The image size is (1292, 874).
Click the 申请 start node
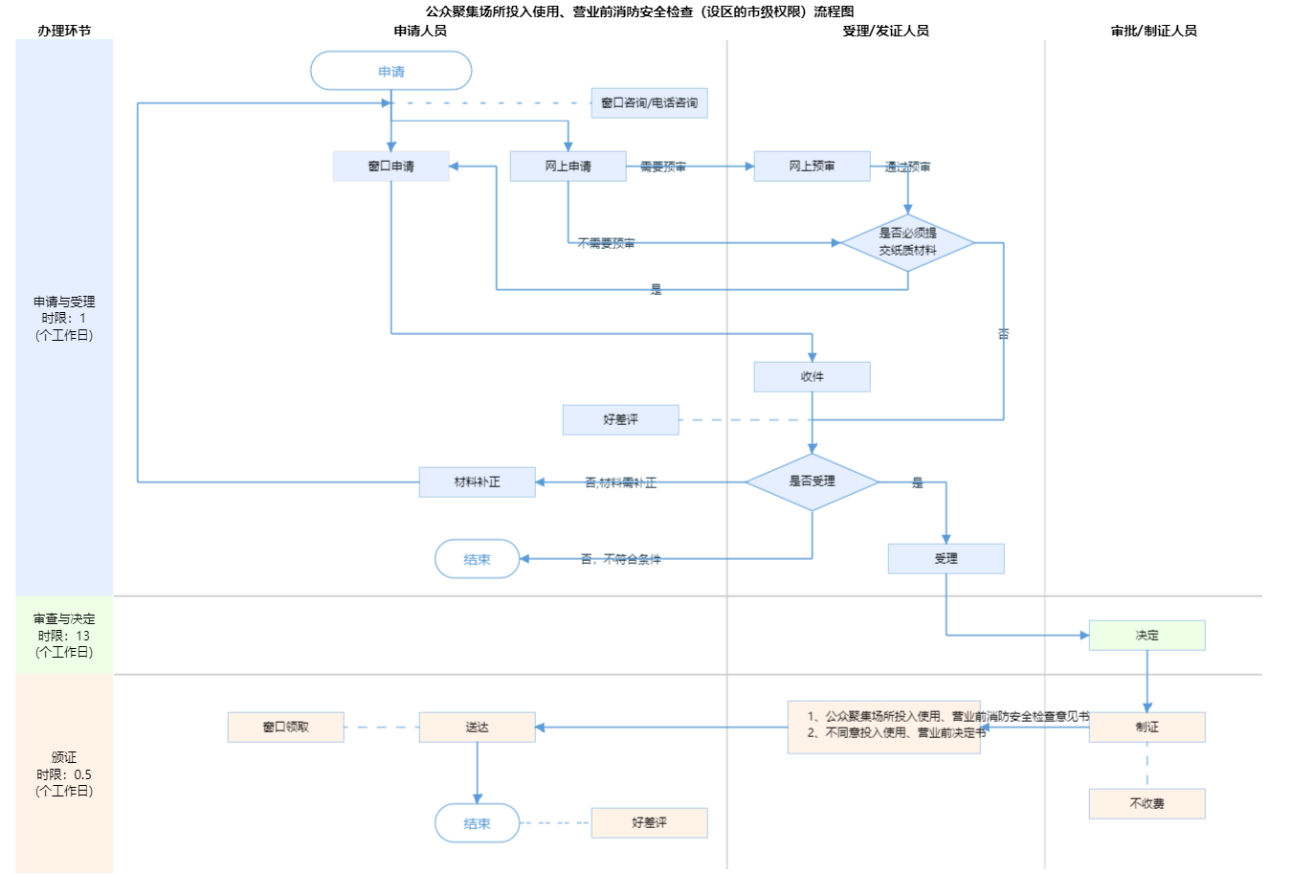[391, 71]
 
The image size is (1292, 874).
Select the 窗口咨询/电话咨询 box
[649, 103]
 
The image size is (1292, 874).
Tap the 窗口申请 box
[390, 167]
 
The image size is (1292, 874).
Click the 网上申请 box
[568, 167]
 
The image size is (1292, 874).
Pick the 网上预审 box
[812, 167]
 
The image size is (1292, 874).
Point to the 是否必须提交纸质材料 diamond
[907, 242]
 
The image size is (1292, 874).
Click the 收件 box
[812, 377]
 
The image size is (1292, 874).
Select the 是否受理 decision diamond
[812, 482]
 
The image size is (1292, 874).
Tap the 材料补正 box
[477, 482]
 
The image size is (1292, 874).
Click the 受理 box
[946, 559]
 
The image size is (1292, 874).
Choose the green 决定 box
[1147, 636]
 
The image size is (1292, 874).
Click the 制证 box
[1147, 728]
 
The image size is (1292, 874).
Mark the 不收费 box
[1147, 804]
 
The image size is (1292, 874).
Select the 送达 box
[477, 728]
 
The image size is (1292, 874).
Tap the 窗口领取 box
[285, 728]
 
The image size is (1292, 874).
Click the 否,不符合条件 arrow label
[620, 559]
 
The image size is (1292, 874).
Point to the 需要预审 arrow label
[662, 167]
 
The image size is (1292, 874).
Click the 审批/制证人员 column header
[1153, 31]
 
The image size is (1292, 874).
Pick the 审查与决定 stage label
[64, 619]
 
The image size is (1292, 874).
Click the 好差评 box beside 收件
[620, 420]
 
